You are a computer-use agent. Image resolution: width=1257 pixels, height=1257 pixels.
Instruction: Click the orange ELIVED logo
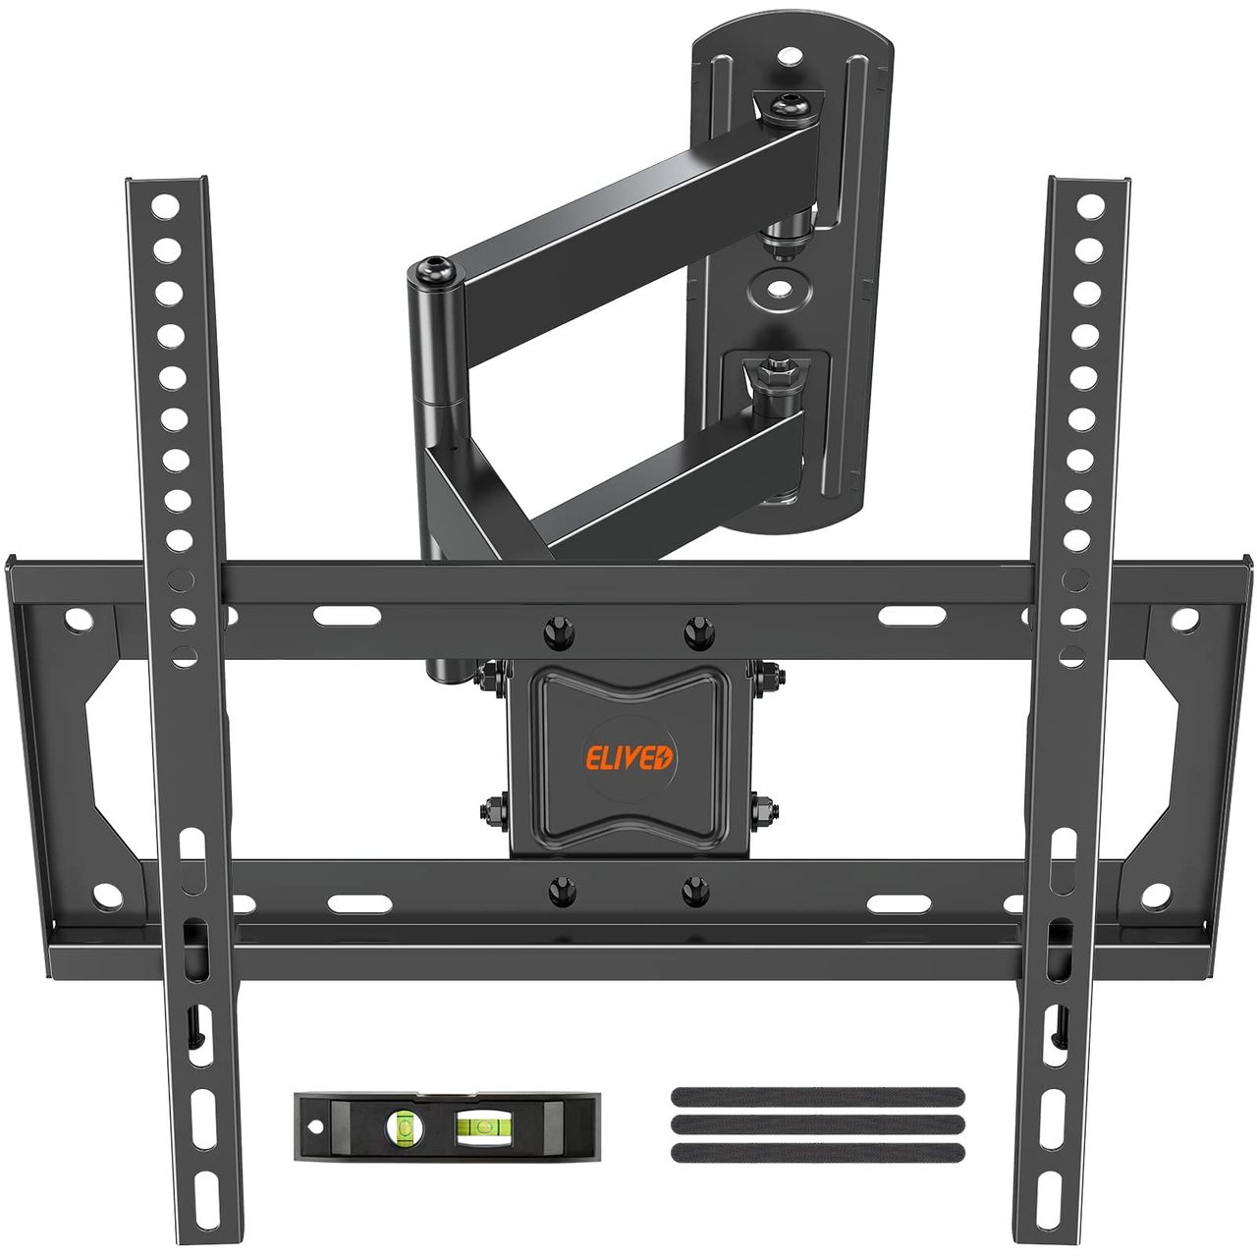(628, 759)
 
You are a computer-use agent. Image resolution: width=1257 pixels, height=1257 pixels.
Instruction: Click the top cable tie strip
(817, 1097)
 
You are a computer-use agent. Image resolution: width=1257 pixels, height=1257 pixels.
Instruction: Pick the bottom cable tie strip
(817, 1153)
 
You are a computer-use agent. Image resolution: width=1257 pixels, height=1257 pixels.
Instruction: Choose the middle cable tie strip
(817, 1124)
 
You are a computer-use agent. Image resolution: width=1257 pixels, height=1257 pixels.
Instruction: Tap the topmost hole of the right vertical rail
(1090, 207)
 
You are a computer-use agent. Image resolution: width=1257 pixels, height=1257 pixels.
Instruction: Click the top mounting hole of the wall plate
(790, 57)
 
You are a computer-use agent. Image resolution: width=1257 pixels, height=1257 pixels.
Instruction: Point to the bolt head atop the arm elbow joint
(431, 268)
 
